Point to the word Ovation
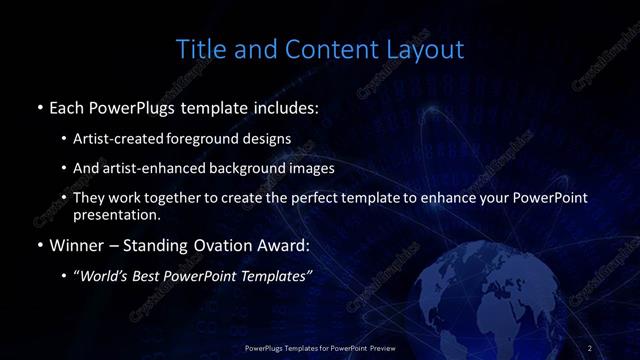tap(203, 245)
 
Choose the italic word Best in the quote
tap(157, 276)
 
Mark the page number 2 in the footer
tap(590, 347)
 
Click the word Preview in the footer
tap(376, 347)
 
